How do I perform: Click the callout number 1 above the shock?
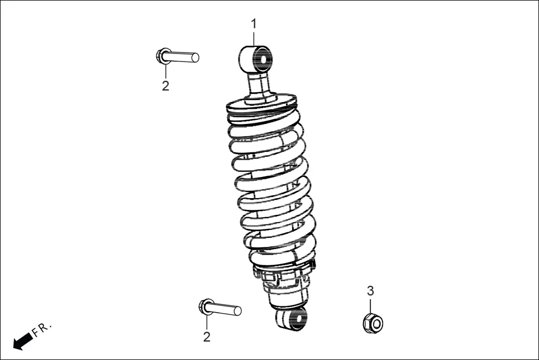(254, 24)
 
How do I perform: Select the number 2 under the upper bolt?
(165, 86)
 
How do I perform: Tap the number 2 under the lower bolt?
(207, 337)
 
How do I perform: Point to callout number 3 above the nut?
(370, 291)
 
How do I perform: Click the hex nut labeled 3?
(372, 322)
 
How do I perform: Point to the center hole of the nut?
(374, 323)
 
